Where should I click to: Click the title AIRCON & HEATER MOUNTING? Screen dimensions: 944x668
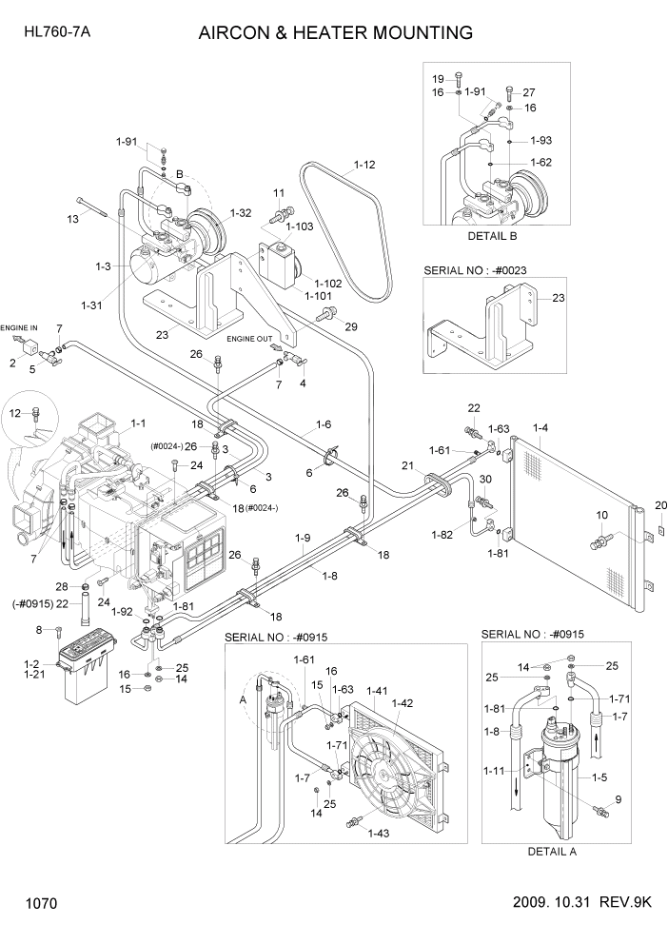[x=335, y=33]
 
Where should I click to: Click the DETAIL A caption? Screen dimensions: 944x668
[x=552, y=852]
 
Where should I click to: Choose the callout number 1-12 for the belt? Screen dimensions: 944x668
[x=364, y=165]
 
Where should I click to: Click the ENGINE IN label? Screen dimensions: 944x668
[x=18, y=326]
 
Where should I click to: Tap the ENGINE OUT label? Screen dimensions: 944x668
[x=248, y=338]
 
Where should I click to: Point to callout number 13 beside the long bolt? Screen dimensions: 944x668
[x=72, y=219]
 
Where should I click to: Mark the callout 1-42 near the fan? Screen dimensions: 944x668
[x=404, y=703]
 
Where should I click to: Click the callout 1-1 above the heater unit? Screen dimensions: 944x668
[x=137, y=423]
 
